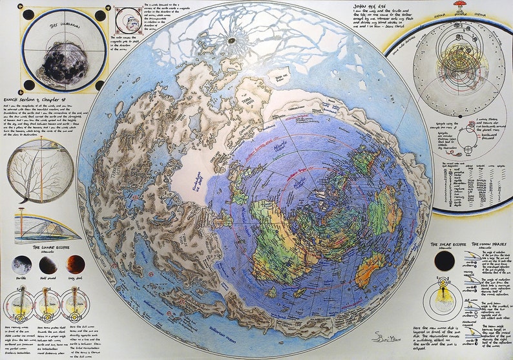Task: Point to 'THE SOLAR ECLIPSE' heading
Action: tap(448, 245)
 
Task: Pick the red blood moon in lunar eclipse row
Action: tap(75, 264)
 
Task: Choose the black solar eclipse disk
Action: tap(444, 261)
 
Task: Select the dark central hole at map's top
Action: tap(231, 41)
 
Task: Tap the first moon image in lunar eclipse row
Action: tap(21, 264)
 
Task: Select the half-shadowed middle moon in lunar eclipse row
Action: tap(47, 264)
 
